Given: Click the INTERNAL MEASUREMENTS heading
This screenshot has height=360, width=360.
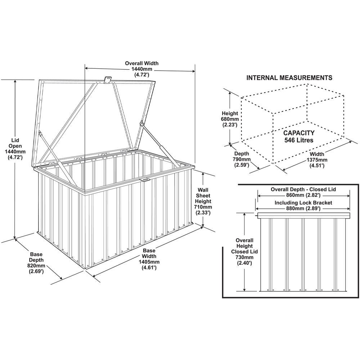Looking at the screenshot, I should (x=289, y=77).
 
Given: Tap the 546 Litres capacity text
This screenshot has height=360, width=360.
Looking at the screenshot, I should (x=298, y=140).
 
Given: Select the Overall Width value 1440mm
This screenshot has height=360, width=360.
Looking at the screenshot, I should (x=141, y=69).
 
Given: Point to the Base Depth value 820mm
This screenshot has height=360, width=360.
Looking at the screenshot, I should (x=36, y=266).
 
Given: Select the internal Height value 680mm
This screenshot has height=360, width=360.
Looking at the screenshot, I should (x=229, y=119).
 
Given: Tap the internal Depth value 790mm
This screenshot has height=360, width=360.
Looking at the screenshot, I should (x=241, y=159).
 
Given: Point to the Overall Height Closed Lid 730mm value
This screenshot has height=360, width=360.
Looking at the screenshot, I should (x=244, y=257).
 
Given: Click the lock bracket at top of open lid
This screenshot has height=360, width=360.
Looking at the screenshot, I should (x=107, y=80).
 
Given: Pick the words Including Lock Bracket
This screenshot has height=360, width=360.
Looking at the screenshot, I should (x=303, y=203).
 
